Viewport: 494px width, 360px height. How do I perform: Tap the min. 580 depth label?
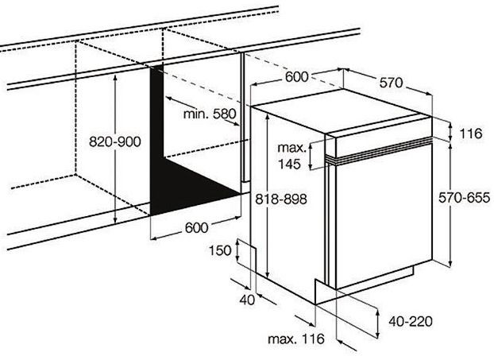[210, 114]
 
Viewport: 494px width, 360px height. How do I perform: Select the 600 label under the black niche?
[196, 227]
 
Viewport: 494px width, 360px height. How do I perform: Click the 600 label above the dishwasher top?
[295, 77]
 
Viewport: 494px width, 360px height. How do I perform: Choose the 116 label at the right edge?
[470, 134]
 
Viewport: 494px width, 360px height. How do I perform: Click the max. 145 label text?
[291, 156]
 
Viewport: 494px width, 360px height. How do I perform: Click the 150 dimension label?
[220, 251]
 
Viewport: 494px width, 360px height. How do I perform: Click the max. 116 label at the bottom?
[295, 340]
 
